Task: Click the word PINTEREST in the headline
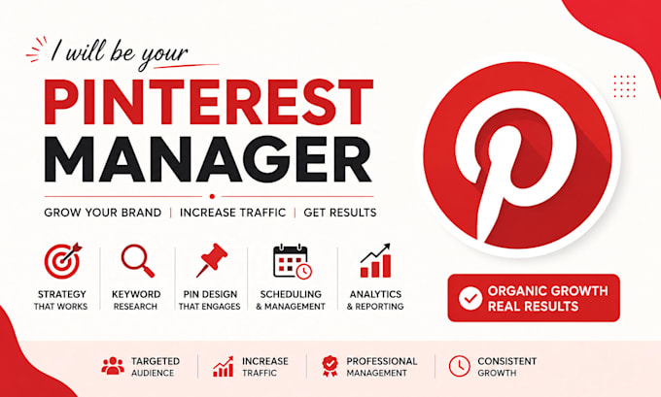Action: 209,102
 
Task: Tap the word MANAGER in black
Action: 208,158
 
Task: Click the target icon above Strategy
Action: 63,260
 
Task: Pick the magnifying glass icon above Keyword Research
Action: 137,260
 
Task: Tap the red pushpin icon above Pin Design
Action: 212,260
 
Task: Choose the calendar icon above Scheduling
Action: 293,261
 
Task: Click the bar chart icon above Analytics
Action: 375,260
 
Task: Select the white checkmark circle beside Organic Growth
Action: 470,299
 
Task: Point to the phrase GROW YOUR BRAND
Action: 102,213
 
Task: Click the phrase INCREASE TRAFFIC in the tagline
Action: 232,213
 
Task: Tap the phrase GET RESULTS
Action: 340,213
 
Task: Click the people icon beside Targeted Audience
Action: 113,366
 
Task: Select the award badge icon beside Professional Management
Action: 330,366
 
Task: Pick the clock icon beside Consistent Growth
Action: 459,366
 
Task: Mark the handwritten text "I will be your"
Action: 120,53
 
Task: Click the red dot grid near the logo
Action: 624,86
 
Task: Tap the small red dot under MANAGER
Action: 212,196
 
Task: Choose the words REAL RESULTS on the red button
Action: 533,307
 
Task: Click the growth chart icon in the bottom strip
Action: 224,366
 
